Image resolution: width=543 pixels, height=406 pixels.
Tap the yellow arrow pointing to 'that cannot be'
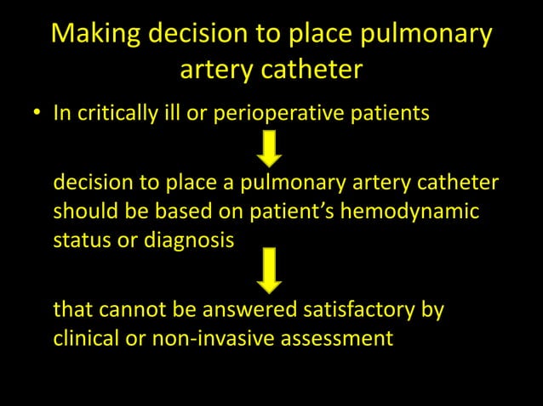[271, 268]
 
